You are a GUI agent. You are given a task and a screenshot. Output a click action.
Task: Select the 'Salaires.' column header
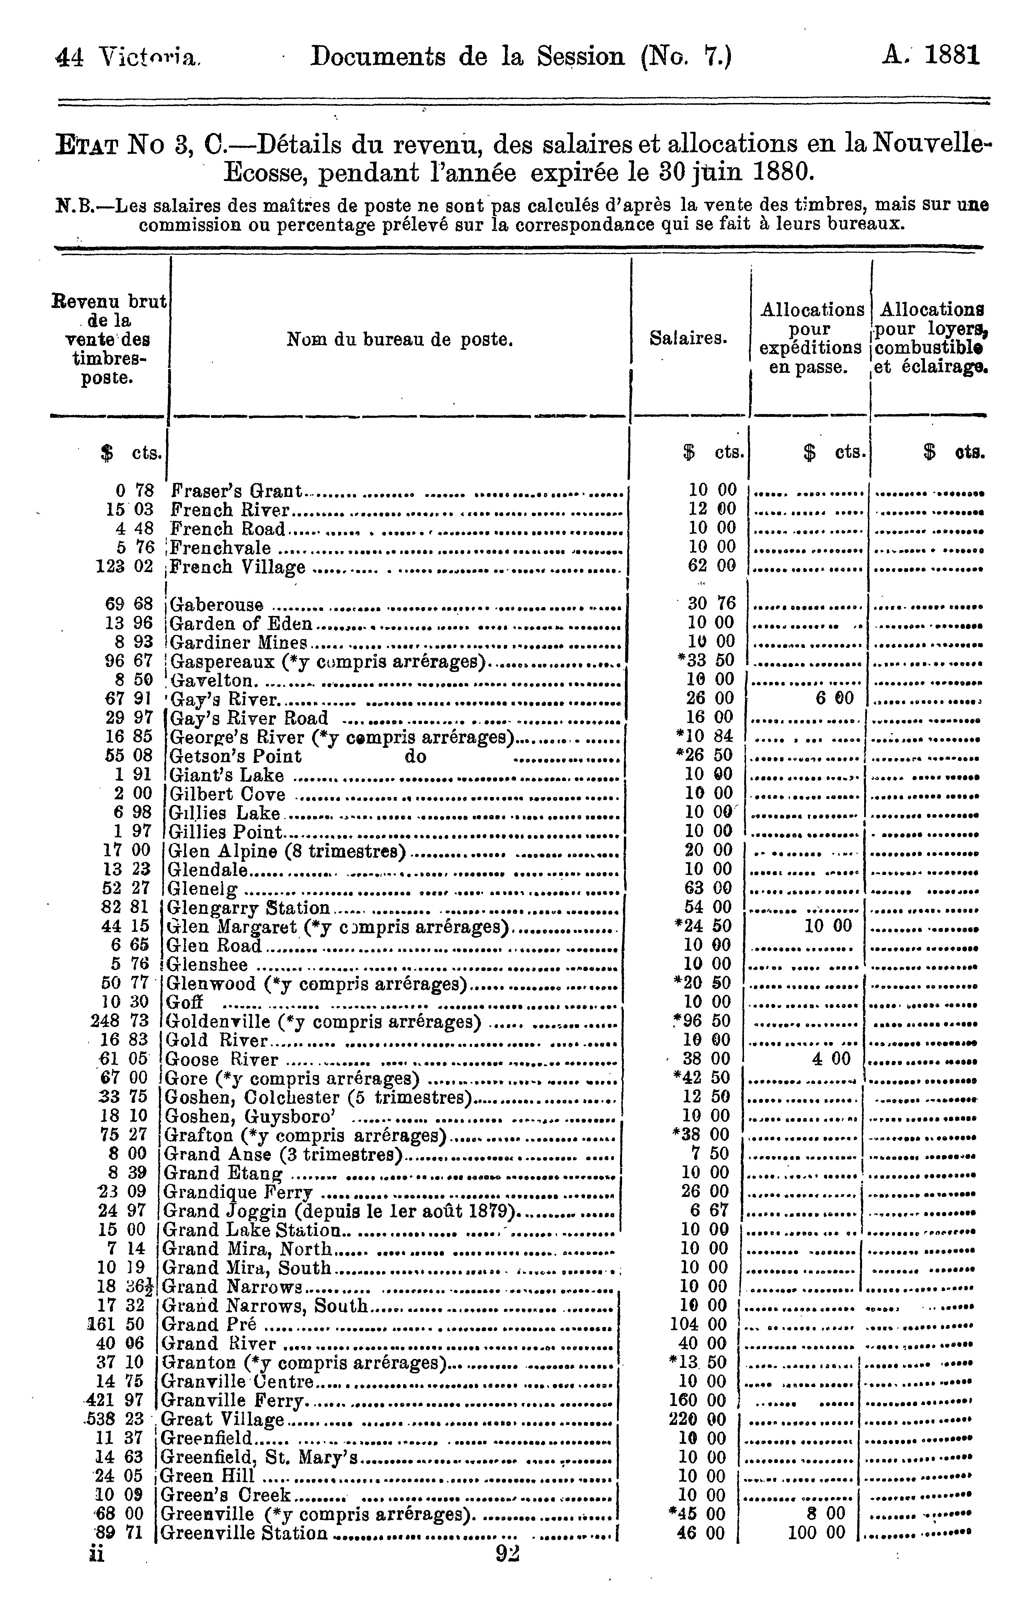pyautogui.click(x=688, y=339)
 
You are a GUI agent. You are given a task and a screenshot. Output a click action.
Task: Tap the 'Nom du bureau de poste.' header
pyautogui.click(x=400, y=340)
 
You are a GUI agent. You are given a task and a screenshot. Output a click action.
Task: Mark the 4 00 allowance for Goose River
pyautogui.click(x=831, y=1059)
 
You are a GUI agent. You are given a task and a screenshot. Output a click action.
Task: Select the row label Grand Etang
pyautogui.click(x=222, y=1173)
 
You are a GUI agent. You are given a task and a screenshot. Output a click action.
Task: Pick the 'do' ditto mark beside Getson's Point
pyautogui.click(x=415, y=756)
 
